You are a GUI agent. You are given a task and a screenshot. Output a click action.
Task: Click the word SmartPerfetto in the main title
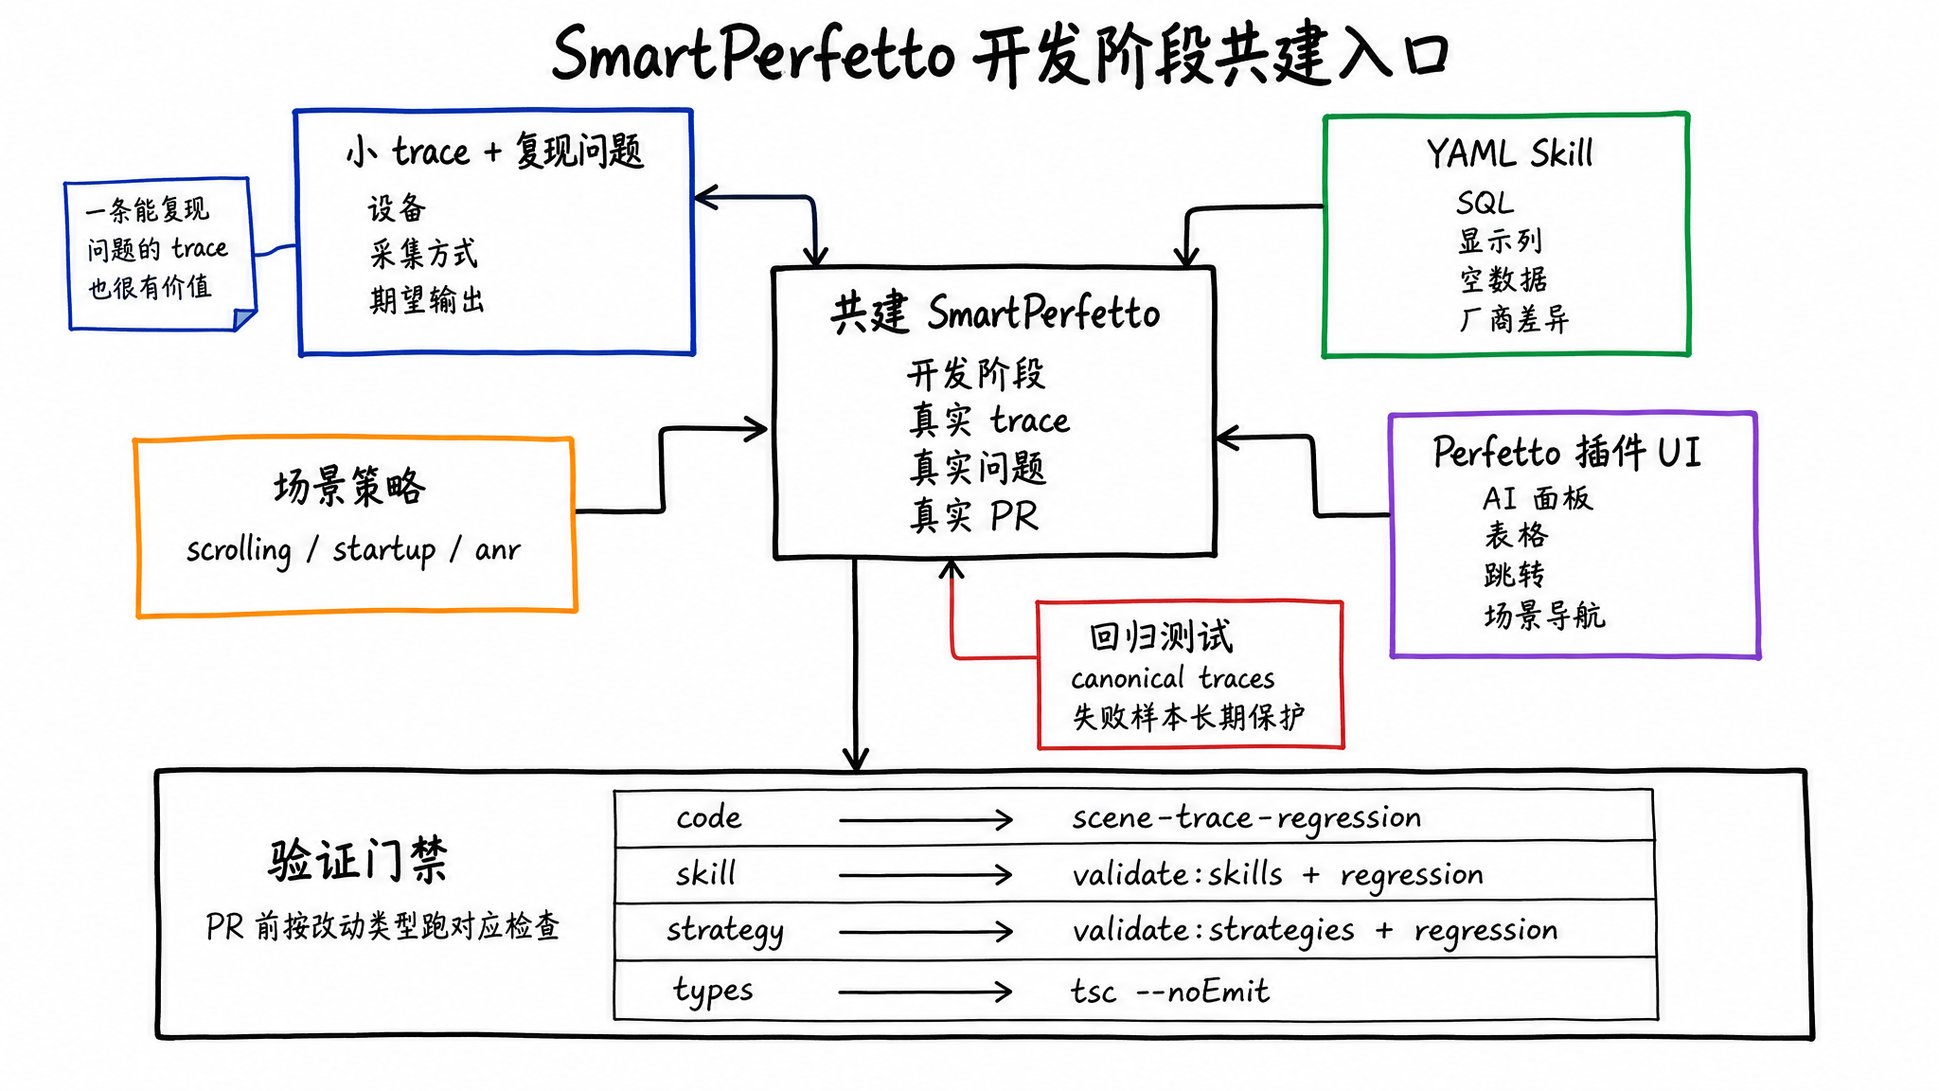coord(753,55)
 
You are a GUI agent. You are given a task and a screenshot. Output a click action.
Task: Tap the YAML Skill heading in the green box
coord(1509,153)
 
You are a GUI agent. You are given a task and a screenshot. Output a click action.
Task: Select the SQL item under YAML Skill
coord(1485,203)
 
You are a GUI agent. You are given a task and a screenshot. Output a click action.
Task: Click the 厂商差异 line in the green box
coord(1513,319)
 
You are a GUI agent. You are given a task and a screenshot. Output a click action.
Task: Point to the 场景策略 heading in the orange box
coord(349,487)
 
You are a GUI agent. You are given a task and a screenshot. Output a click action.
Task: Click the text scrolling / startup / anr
coord(353,549)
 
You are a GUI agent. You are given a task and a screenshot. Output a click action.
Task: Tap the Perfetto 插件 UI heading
coord(1567,452)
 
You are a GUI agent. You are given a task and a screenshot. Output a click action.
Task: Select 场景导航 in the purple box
coord(1544,616)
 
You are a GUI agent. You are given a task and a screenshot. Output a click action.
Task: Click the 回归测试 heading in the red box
coord(1161,636)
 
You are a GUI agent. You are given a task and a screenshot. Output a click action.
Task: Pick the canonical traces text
coord(1173,678)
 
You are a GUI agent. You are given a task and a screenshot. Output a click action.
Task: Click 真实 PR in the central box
coord(974,516)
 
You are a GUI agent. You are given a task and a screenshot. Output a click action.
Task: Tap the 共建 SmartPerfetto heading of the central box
coord(994,313)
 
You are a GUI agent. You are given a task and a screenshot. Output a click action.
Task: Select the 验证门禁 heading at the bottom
coord(357,860)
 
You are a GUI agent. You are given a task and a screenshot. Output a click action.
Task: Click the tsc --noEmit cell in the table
coord(1169,992)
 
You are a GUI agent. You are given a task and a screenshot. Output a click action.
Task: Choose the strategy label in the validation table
coord(725,931)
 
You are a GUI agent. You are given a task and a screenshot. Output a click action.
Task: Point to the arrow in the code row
coord(925,819)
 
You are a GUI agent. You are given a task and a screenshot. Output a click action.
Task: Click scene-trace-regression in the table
coord(1246,818)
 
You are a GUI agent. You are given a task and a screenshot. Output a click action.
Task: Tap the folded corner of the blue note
coord(244,320)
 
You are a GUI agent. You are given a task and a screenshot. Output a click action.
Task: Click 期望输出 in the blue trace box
coord(427,300)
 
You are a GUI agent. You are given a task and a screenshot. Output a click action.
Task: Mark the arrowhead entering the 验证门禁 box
coord(856,760)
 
